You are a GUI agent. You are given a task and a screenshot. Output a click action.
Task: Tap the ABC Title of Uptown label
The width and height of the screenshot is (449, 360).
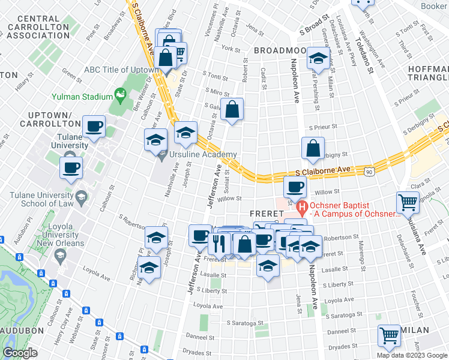click(x=122, y=70)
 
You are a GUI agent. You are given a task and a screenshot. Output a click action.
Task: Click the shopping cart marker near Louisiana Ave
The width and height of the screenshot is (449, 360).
click(x=408, y=203)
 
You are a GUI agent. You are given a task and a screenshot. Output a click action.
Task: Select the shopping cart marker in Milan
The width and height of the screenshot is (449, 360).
click(x=389, y=336)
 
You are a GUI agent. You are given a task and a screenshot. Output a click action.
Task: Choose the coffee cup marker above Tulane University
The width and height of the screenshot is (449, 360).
click(x=94, y=127)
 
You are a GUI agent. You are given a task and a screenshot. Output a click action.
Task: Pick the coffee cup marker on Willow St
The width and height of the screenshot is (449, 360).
click(x=294, y=187)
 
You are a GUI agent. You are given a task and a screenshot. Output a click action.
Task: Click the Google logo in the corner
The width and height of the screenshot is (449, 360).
click(x=20, y=353)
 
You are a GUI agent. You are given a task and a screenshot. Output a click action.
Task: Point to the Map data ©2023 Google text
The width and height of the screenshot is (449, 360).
click(x=411, y=355)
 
